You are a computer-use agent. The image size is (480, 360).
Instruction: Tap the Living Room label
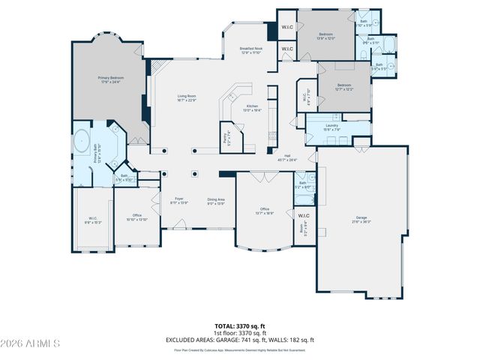(x=187, y=98)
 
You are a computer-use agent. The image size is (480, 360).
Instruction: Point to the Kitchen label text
(x=252, y=108)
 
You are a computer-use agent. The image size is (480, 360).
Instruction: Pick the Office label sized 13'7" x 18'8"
(x=264, y=211)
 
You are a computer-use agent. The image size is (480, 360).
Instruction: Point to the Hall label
(x=287, y=157)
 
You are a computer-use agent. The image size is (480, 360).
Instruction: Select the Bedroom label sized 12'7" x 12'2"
(x=343, y=87)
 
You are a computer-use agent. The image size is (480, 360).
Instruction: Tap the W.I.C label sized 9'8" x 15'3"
(x=92, y=220)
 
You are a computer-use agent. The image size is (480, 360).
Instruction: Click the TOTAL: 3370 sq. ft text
(x=239, y=327)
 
